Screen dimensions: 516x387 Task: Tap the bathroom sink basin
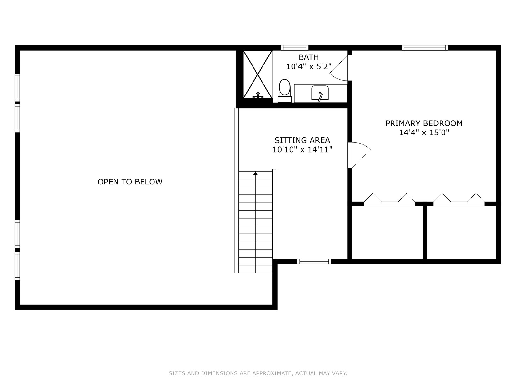coord(320,93)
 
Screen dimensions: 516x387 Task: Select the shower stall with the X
coord(258,74)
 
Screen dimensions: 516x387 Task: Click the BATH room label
coord(309,57)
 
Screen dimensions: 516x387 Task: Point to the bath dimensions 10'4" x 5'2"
coord(309,67)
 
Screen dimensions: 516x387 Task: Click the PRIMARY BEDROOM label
coord(424,124)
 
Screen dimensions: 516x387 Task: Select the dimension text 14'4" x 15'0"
coord(424,133)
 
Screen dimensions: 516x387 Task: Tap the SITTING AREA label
coord(302,140)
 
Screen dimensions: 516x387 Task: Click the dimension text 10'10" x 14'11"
coord(302,150)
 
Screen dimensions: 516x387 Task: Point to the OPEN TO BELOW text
coord(130,182)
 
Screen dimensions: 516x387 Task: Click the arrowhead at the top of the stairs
coord(255,174)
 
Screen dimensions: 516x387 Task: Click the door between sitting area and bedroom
coord(359,155)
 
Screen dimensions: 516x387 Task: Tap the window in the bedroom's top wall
coord(424,48)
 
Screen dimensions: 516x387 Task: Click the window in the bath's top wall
coord(294,48)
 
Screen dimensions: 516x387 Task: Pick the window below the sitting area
coord(314,262)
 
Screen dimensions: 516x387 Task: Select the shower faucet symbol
coord(258,96)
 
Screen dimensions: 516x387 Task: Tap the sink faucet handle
coord(321,96)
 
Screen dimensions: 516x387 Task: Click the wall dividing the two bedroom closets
coord(425,233)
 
